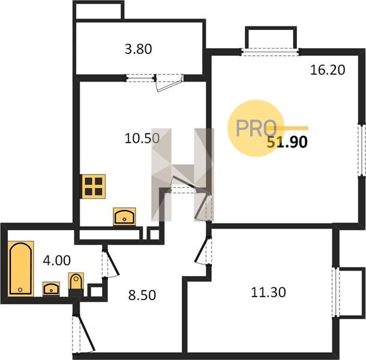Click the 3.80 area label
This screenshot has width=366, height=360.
click(139, 49)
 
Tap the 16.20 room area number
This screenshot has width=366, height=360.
click(328, 70)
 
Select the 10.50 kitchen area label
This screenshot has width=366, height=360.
click(142, 138)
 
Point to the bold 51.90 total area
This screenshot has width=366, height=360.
click(287, 142)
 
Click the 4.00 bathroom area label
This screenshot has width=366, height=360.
click(57, 260)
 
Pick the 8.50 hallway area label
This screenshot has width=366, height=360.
click(142, 295)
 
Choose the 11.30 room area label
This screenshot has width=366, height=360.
click(268, 292)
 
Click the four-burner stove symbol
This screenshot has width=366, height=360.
click(94, 187)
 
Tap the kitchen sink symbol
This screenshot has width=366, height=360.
click(124, 217)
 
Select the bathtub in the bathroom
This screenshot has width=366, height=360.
click(20, 269)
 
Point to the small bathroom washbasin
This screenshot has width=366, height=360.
click(51, 289)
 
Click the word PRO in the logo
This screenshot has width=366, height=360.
click(256, 128)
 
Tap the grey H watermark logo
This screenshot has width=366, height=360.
click(182, 175)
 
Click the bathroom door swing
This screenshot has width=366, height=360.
click(110, 263)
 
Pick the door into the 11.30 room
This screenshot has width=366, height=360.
click(203, 251)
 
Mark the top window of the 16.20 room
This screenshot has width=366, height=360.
click(270, 52)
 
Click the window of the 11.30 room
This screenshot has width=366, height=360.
click(337, 292)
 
